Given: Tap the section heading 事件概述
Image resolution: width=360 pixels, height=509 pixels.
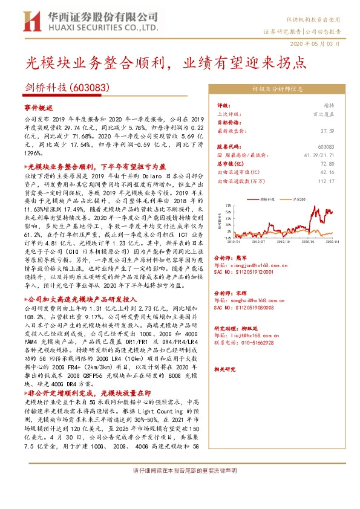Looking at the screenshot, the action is tap(39, 107).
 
